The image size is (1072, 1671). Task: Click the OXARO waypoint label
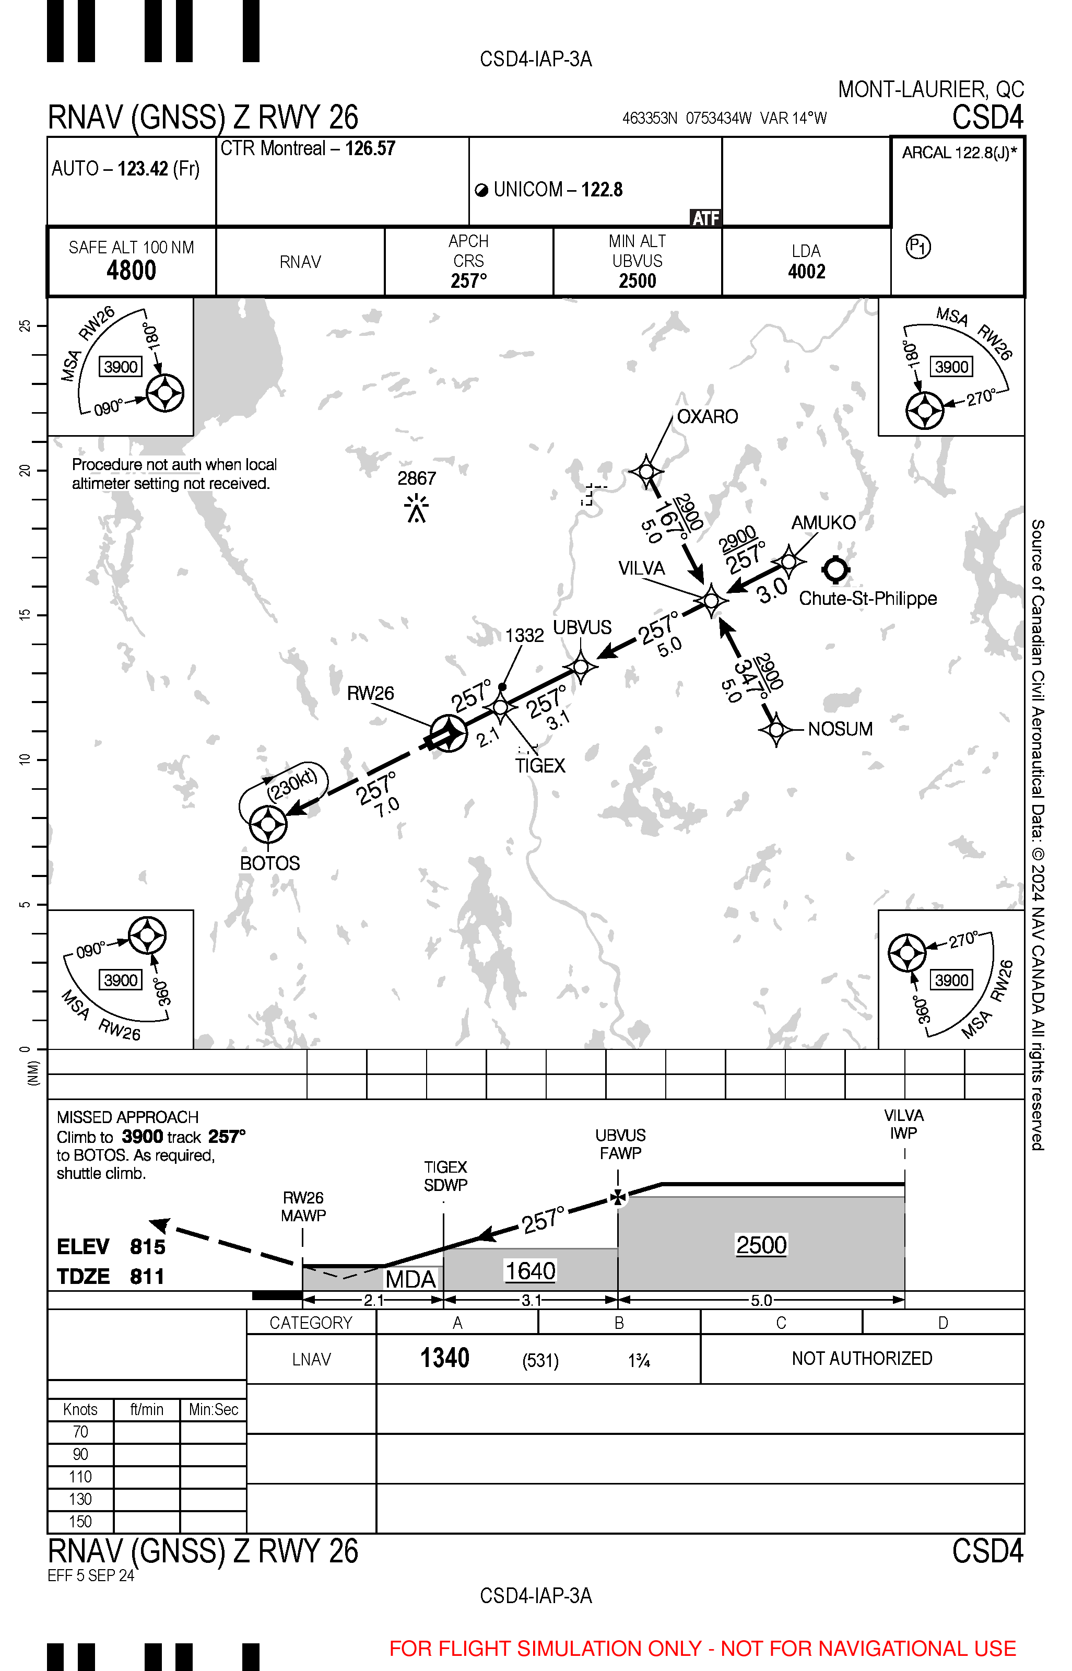706,416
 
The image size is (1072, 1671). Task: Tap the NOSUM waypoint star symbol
776,729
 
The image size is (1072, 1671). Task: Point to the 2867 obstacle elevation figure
416,478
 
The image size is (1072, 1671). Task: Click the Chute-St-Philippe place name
867,598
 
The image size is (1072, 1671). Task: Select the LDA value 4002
806,272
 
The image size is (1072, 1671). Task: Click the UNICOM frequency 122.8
602,190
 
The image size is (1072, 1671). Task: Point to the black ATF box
705,218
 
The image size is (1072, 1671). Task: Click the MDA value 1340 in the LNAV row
444,1359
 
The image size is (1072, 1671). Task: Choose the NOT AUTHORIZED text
861,1359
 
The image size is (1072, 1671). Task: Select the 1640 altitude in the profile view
530,1271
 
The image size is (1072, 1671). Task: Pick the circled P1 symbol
918,247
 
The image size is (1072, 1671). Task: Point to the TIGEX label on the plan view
539,766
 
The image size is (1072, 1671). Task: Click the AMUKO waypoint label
823,522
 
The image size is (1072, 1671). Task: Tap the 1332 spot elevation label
524,635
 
